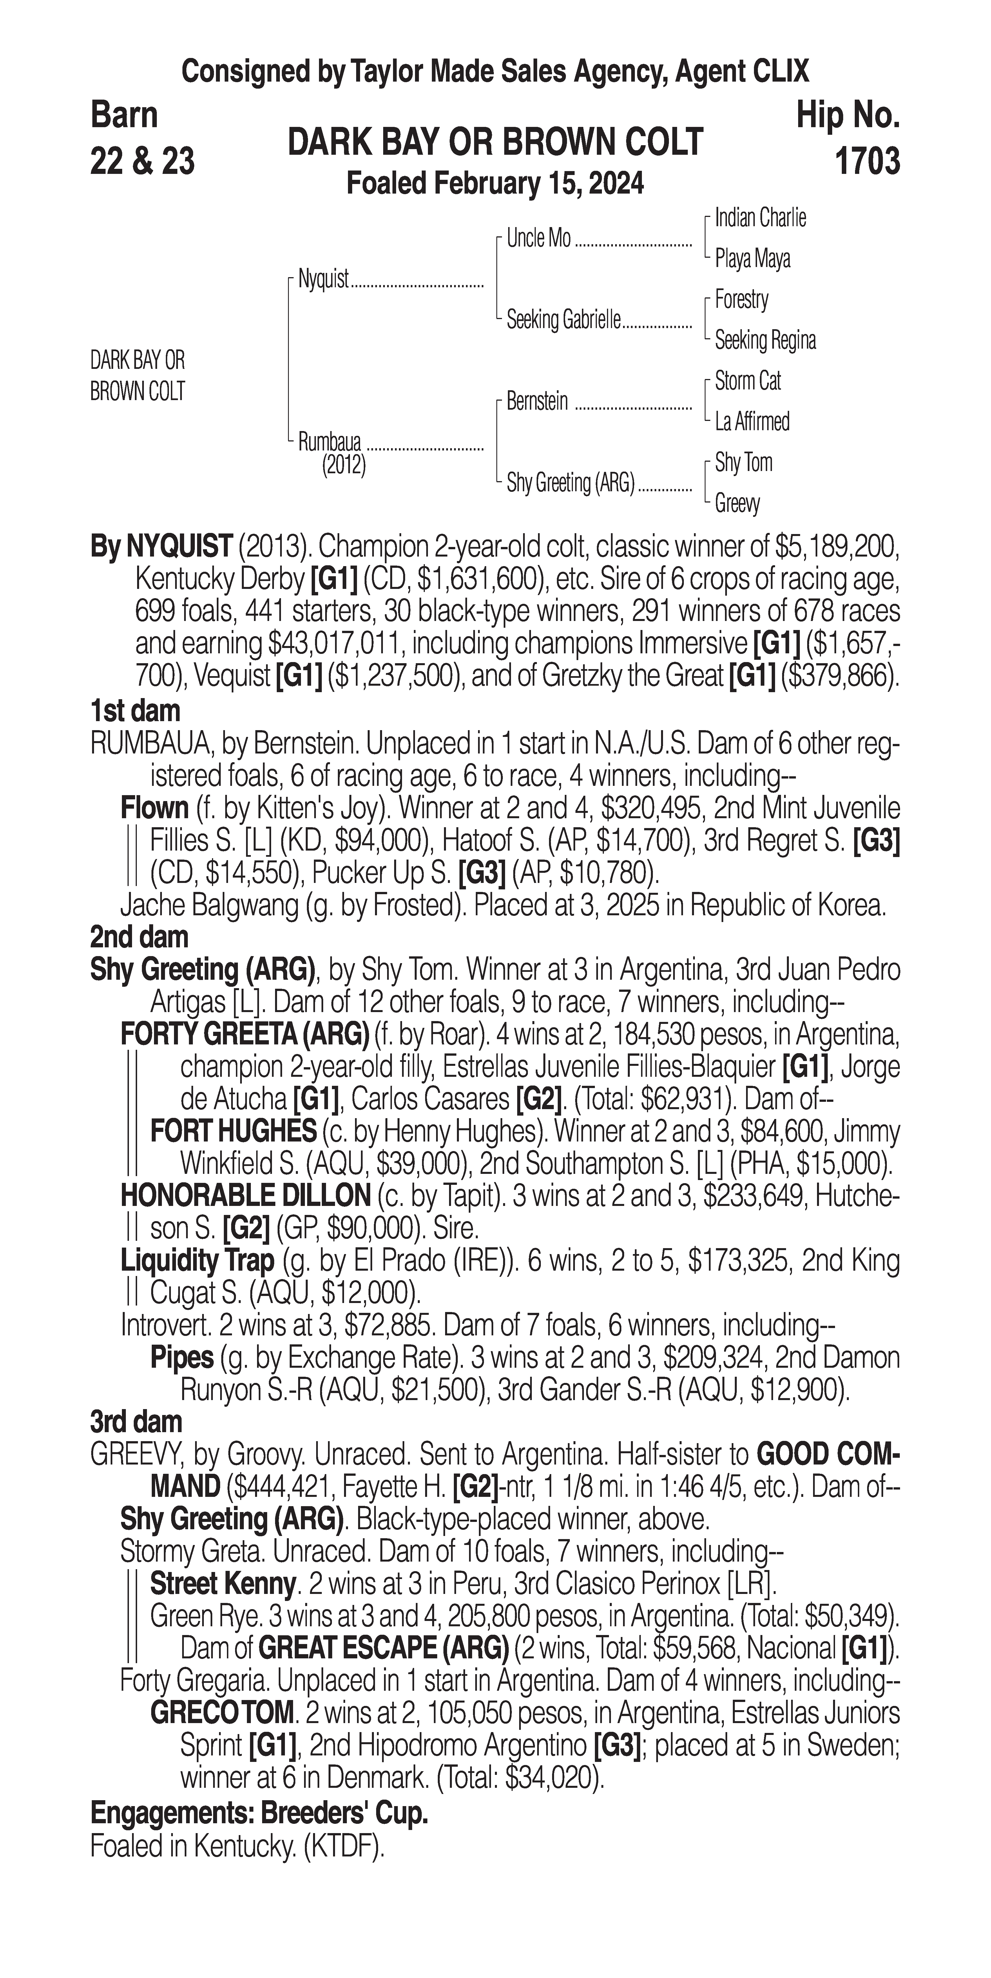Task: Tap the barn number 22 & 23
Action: pyautogui.click(x=142, y=161)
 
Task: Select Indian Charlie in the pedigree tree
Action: pyautogui.click(x=760, y=218)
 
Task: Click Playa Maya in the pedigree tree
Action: pyautogui.click(x=752, y=259)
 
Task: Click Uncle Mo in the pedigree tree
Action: pyautogui.click(x=539, y=239)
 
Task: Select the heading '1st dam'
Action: pyautogui.click(x=135, y=711)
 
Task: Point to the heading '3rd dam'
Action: pyautogui.click(x=136, y=1422)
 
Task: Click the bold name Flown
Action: pyautogui.click(x=154, y=809)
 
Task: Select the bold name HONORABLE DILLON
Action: pyautogui.click(x=245, y=1196)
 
